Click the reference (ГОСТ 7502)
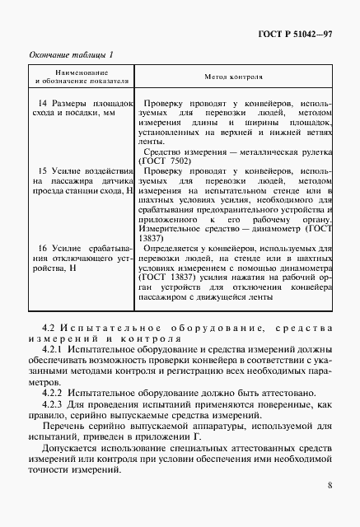coord(166,161)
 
